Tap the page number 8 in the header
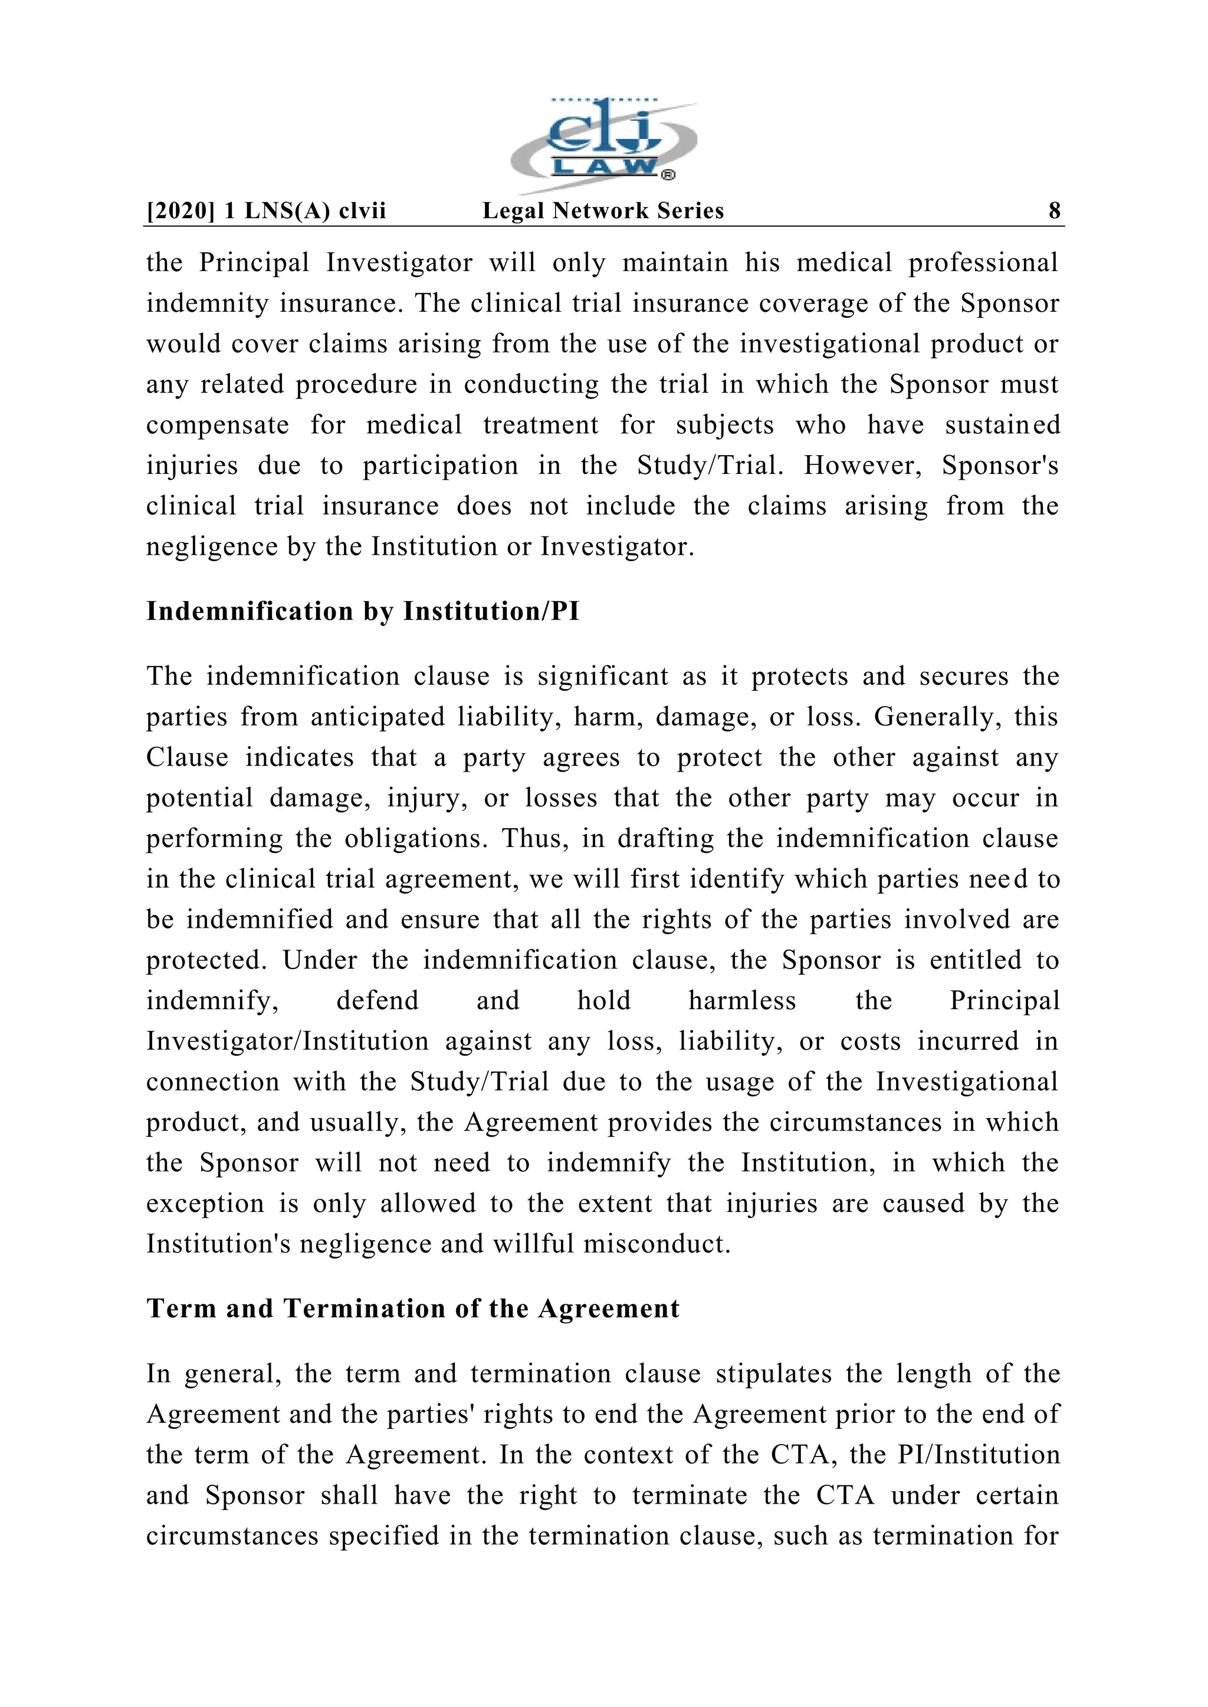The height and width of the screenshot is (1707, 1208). tap(1054, 210)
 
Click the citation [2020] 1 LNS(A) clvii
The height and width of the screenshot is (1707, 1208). tap(266, 210)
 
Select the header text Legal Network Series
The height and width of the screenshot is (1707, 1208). tap(603, 210)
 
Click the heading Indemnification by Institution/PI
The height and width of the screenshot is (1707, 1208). tap(362, 611)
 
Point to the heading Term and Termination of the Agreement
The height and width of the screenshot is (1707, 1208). tap(413, 1309)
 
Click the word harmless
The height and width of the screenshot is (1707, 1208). tap(741, 1001)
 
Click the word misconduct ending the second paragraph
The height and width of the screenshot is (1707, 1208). tap(657, 1244)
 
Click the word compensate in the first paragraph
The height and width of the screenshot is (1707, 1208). tap(217, 425)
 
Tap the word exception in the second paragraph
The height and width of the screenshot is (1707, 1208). tap(205, 1204)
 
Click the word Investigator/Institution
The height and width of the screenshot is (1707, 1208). tap(287, 1042)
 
